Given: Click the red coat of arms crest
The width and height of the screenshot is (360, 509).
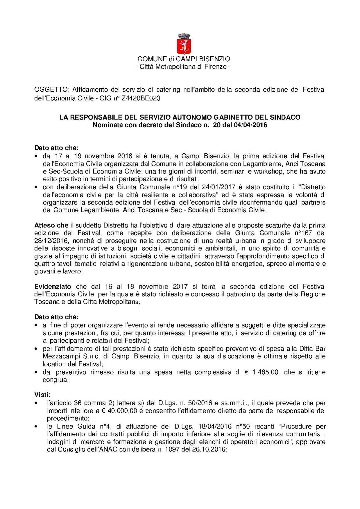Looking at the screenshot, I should point(183,44).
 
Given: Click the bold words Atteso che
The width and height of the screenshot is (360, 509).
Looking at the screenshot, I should point(51,225).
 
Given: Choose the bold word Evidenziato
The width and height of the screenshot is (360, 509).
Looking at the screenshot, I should point(53,287).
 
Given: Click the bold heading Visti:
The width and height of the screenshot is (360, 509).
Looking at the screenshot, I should point(42,395).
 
